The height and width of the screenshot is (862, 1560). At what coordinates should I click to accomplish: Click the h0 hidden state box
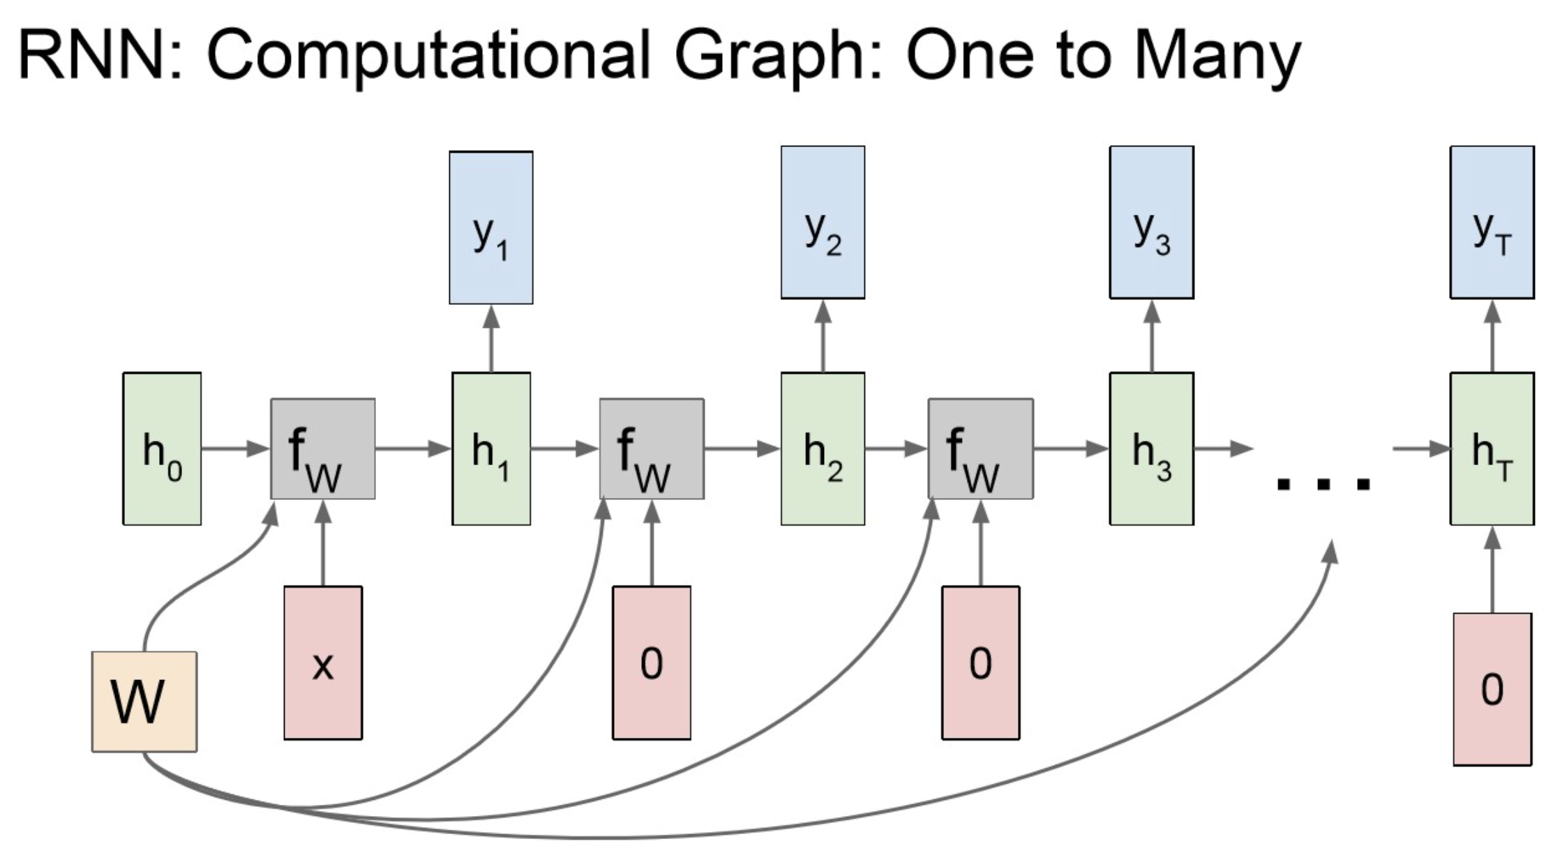[x=162, y=448]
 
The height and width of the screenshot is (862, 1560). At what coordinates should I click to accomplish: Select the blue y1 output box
[x=491, y=227]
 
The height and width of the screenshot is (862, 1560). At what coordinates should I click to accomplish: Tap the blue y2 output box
[x=823, y=222]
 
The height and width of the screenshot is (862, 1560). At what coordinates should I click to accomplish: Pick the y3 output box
[x=1151, y=222]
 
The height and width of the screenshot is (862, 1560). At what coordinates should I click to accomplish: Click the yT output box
[x=1492, y=222]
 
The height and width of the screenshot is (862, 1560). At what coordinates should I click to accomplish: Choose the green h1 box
[x=491, y=448]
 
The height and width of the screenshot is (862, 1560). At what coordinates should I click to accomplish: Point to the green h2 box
[x=823, y=448]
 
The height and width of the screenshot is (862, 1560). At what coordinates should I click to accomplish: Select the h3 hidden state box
[x=1151, y=448]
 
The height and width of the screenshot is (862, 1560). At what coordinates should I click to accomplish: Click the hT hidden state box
[x=1492, y=448]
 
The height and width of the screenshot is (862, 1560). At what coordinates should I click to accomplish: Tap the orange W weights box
[x=144, y=702]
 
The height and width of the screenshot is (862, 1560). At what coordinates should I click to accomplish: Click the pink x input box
[x=323, y=663]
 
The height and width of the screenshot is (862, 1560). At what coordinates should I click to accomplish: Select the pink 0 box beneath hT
[x=1492, y=689]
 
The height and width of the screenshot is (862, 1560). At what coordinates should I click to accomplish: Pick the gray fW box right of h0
[x=323, y=448]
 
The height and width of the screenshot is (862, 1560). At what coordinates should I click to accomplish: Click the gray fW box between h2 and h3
[x=980, y=448]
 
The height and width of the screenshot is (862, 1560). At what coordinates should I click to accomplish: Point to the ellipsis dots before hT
[x=1323, y=483]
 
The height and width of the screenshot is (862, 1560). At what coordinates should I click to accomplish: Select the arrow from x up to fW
[x=322, y=544]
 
